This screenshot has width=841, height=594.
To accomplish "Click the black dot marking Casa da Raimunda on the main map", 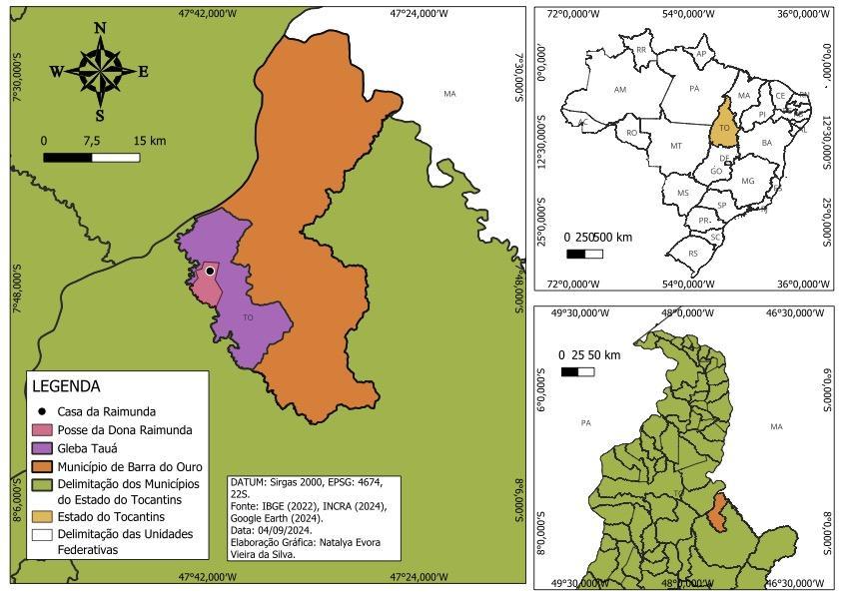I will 210,271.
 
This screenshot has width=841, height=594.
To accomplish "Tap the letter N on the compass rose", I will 100,28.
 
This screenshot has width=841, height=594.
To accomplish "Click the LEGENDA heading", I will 66,386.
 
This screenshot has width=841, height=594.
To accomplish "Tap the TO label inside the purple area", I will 248,317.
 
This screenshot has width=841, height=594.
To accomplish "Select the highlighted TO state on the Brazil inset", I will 724,129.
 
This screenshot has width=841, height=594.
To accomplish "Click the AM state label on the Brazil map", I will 620,90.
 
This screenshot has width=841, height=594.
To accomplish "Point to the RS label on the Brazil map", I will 693,254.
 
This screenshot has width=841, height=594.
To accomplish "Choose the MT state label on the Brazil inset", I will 676,146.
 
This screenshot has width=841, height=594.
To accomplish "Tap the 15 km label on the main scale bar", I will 149,141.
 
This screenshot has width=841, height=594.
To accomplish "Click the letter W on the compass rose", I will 56,71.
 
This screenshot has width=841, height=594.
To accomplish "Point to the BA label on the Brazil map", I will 767,143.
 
